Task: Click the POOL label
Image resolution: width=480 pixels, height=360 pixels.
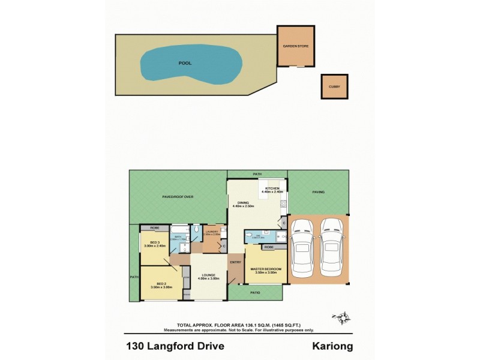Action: point(185,62)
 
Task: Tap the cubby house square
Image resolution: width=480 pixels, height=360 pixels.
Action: point(334,87)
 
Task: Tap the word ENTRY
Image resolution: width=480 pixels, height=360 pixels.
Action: point(235,262)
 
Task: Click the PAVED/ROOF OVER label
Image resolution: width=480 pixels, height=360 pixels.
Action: point(178,196)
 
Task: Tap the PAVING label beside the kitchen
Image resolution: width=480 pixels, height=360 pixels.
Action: point(317,192)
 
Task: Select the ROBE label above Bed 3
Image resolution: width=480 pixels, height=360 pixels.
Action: point(155,228)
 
